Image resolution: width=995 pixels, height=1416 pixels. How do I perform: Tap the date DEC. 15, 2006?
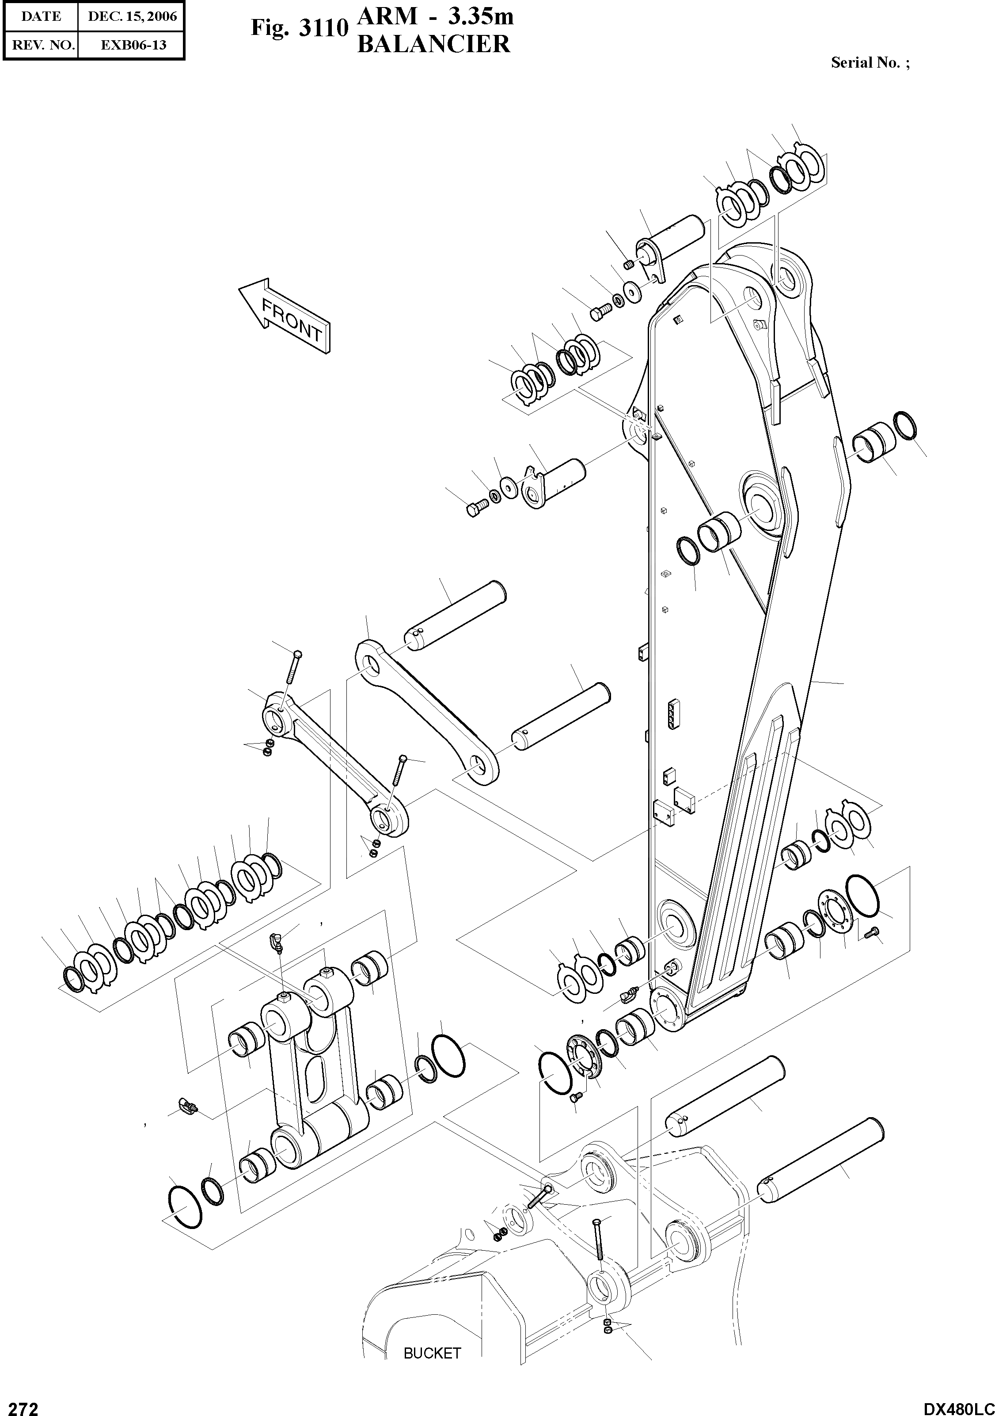pyautogui.click(x=133, y=17)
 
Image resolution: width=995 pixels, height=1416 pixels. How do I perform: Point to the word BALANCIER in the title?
pyautogui.click(x=434, y=44)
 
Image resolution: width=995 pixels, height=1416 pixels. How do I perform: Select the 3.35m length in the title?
pyautogui.click(x=480, y=17)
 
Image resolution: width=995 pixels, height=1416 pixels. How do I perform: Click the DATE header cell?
pyautogui.click(x=41, y=17)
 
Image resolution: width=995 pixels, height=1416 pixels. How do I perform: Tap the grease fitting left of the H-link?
pyautogui.click(x=186, y=1107)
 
